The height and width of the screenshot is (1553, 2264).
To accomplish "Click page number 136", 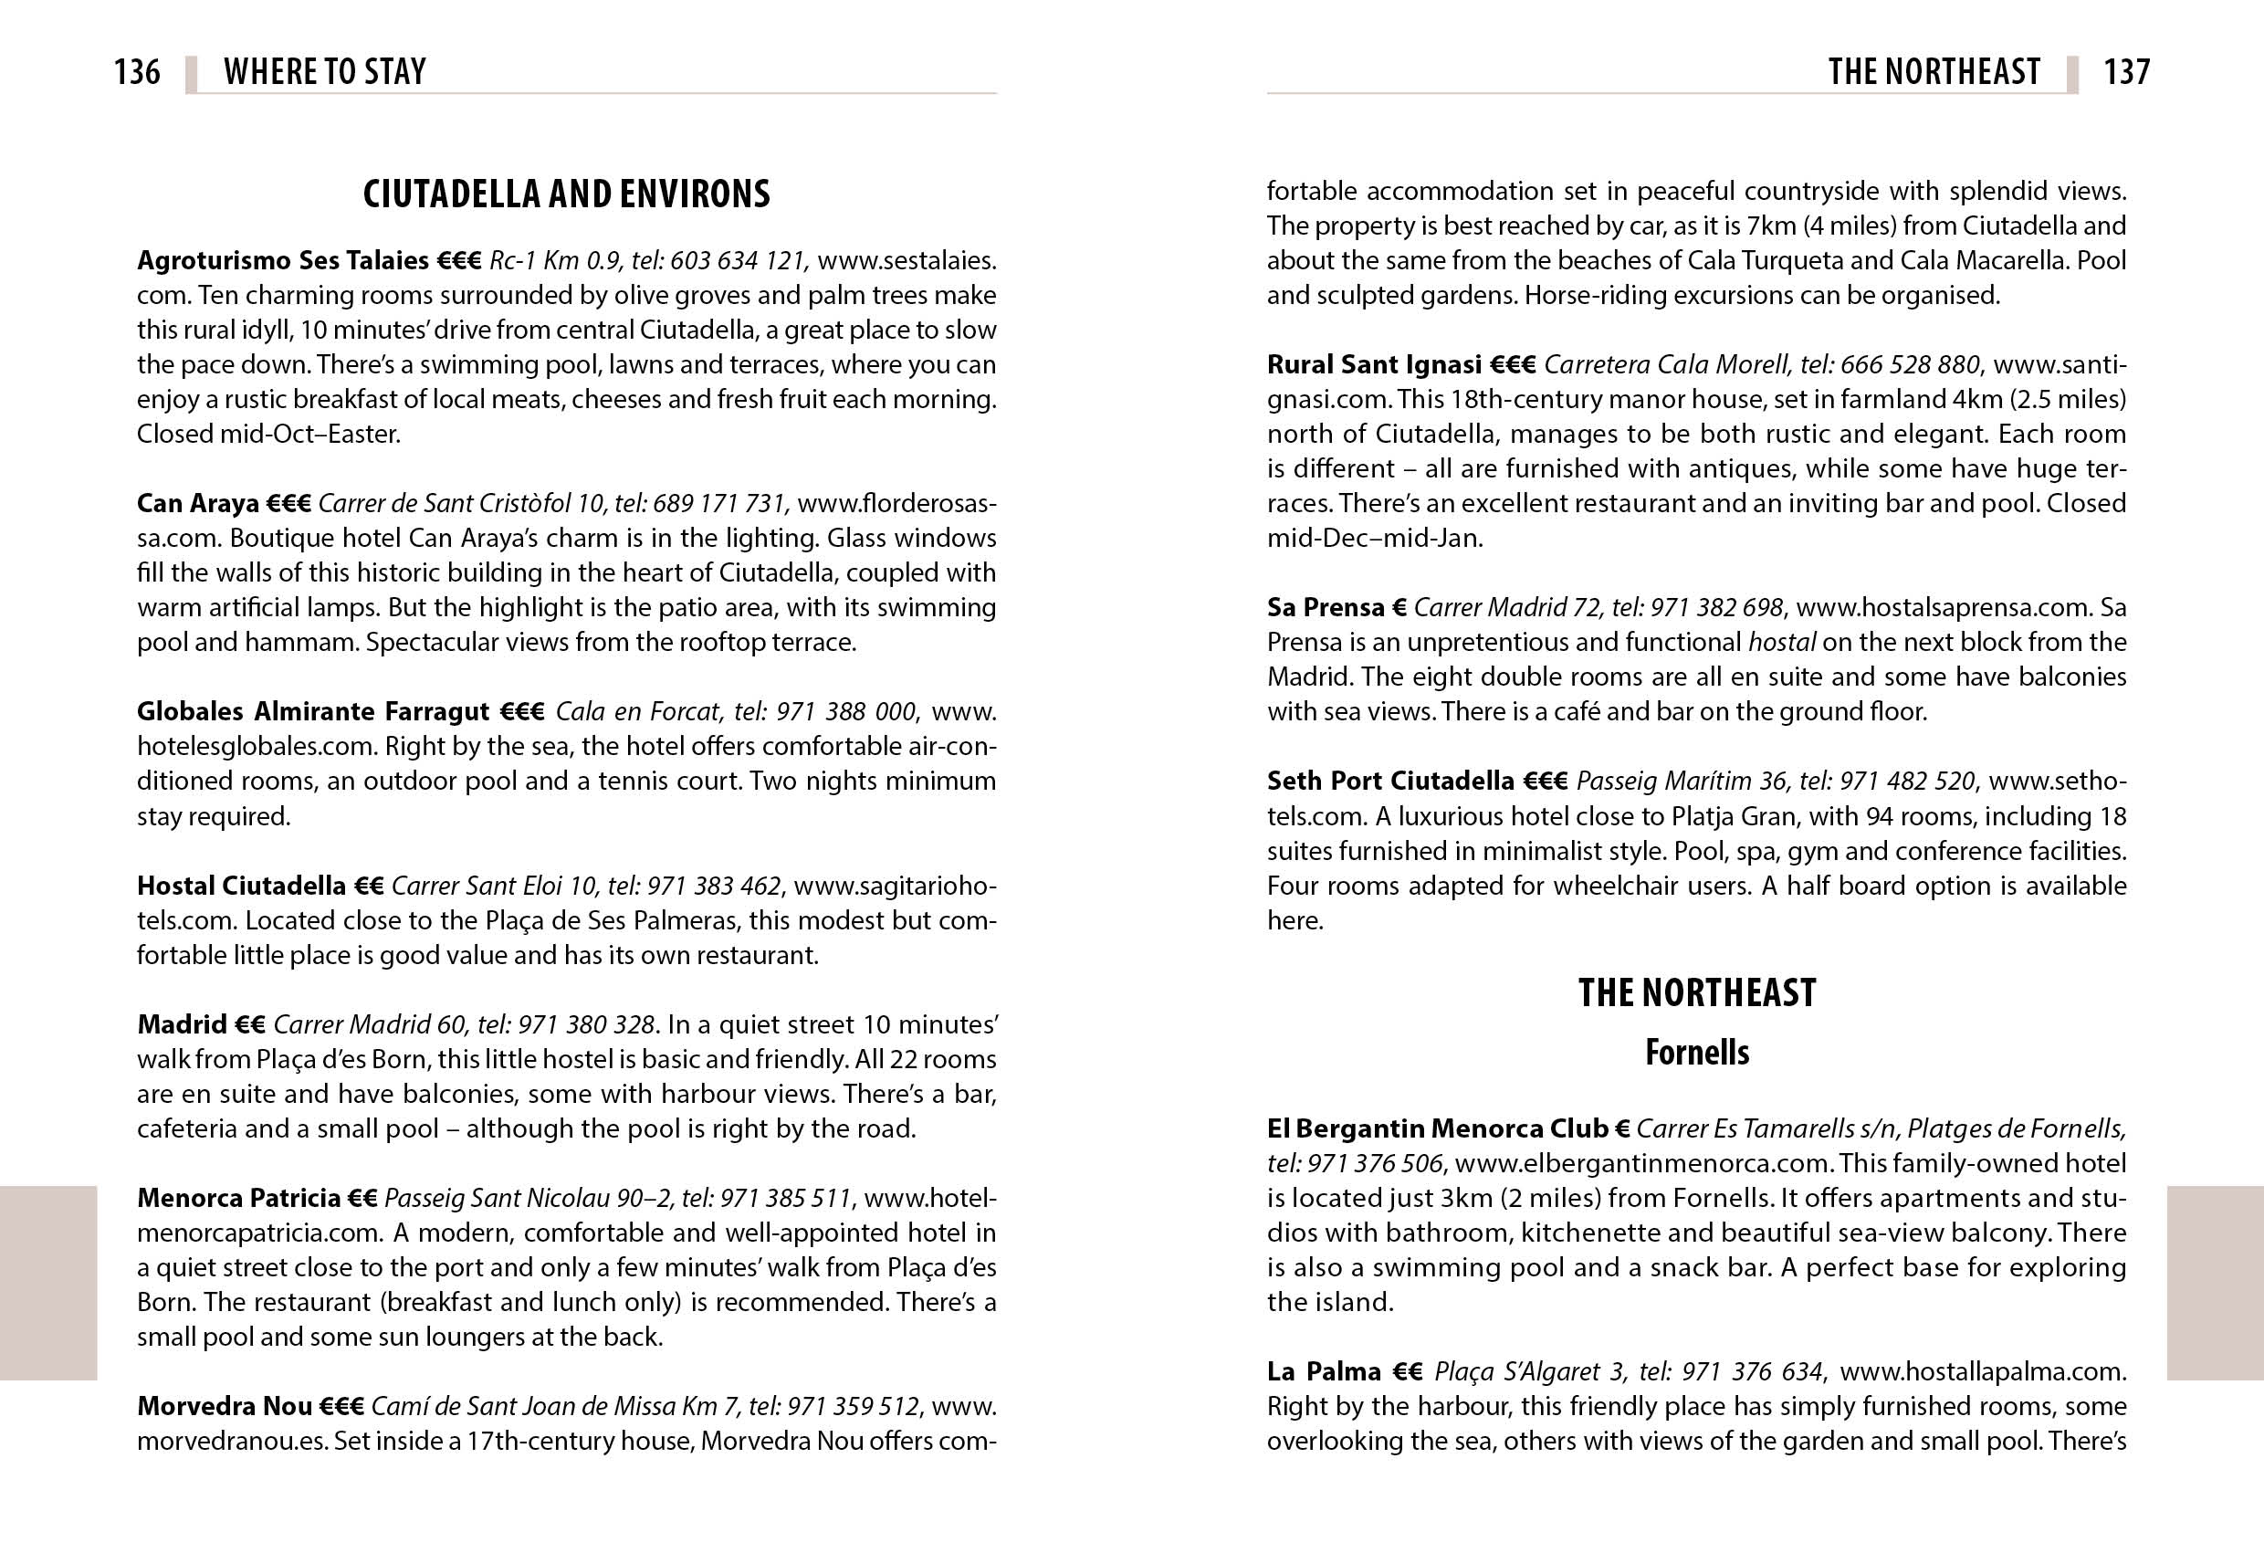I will [x=136, y=72].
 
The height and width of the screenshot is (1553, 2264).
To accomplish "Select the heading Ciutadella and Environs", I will [x=566, y=194].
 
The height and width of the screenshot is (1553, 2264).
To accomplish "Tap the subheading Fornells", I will [x=1696, y=1052].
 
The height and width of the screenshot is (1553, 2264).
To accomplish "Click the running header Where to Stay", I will [x=324, y=72].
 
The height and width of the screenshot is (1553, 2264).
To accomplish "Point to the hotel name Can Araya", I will [x=197, y=504].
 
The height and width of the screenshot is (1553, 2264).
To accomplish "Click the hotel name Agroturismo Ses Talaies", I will [x=282, y=261].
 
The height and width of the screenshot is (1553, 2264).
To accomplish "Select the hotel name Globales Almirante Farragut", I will [x=313, y=712].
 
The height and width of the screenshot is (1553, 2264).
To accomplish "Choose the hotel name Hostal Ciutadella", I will [x=241, y=886].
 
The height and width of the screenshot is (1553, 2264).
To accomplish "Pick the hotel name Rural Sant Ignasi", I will [x=1374, y=365].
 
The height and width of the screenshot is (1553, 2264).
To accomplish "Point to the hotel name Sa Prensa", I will [x=1325, y=608].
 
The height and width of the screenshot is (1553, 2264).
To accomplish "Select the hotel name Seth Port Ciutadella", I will [x=1390, y=782].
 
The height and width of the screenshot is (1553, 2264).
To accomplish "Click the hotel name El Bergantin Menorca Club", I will [x=1437, y=1129].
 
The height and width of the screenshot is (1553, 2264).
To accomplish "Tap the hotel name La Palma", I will [x=1324, y=1372].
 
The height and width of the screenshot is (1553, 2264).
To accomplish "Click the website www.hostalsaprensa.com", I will [x=1942, y=608].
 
